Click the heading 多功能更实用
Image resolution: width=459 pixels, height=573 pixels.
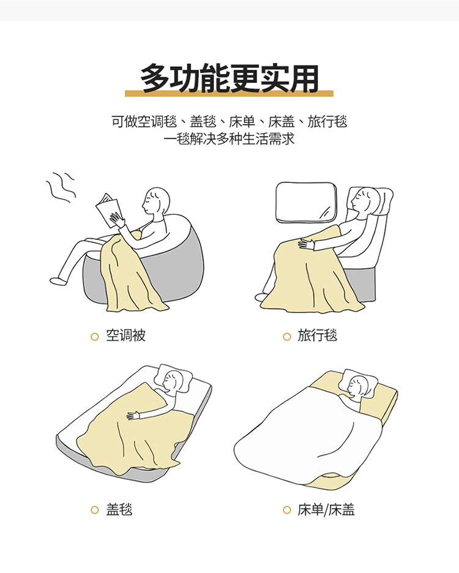tap(229, 78)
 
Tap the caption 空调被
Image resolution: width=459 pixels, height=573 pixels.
tap(125, 335)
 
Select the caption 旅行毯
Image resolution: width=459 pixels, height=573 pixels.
tap(317, 335)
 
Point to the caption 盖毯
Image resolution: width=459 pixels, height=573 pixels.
tap(119, 509)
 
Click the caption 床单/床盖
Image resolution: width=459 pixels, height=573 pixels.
tap(326, 509)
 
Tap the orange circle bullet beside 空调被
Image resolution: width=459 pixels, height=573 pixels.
tap(95, 337)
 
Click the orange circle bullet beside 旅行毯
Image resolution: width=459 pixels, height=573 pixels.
tap(287, 337)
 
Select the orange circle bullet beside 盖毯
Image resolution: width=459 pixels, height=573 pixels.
tap(95, 510)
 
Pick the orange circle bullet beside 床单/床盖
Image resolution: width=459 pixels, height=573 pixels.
tap(287, 510)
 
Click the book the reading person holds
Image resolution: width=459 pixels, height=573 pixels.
tap(108, 210)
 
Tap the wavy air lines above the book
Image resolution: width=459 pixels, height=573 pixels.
tap(61, 188)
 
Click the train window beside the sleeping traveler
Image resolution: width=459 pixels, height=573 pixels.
tap(306, 202)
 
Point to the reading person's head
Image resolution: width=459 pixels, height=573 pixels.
tap(156, 201)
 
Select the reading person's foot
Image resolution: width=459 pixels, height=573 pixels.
tap(59, 281)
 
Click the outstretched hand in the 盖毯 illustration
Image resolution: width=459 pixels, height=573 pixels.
tap(133, 416)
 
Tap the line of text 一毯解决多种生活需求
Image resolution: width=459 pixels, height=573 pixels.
tap(229, 139)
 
